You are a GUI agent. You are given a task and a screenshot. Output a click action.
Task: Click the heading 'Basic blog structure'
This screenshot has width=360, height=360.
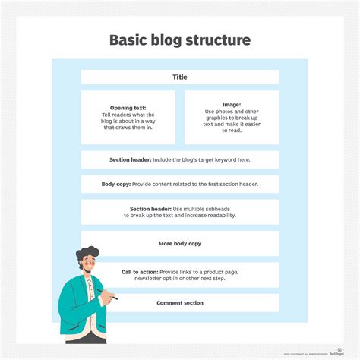coord(180,39)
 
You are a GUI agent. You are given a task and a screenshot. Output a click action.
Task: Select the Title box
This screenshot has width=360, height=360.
coord(180,77)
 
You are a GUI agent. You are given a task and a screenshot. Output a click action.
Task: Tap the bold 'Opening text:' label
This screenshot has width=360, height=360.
coord(128,108)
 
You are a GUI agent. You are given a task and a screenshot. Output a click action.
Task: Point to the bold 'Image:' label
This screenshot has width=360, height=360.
coord(231,105)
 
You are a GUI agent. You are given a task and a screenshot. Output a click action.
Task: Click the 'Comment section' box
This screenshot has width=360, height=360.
coord(180,303)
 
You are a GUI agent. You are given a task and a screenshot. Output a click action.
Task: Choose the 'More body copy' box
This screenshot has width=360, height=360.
coord(180,243)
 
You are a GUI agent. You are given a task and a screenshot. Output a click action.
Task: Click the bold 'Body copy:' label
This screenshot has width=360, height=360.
coord(118,184)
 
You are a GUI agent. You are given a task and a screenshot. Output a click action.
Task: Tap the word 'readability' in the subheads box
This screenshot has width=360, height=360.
coord(217,215)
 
